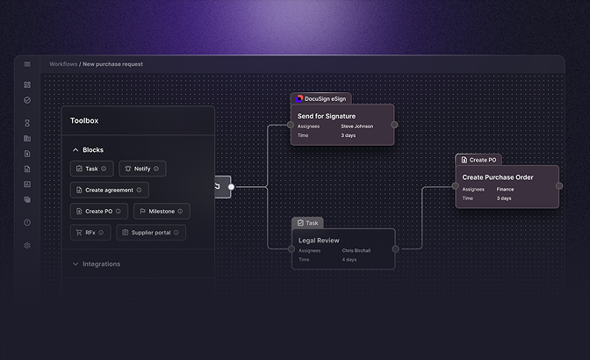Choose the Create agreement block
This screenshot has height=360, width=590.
tap(110, 190)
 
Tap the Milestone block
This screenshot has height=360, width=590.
tap(161, 212)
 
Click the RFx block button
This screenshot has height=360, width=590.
tap(90, 233)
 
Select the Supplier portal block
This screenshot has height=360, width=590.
tap(151, 233)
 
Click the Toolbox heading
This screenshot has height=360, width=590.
tap(84, 120)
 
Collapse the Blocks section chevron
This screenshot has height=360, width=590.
tap(76, 150)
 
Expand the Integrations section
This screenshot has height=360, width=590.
tap(101, 263)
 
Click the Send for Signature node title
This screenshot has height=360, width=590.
tap(327, 116)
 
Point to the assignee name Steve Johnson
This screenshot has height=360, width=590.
tap(357, 126)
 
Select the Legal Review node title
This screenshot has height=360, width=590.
tap(319, 240)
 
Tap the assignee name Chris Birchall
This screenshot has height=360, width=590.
tap(356, 250)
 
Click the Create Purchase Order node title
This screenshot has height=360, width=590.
tap(498, 177)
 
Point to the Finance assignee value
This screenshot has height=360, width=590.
tap(505, 189)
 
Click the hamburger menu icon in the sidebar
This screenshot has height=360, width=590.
tap(27, 64)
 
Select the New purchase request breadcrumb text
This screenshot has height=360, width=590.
tap(112, 64)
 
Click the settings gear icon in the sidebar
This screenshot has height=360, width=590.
tap(27, 245)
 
